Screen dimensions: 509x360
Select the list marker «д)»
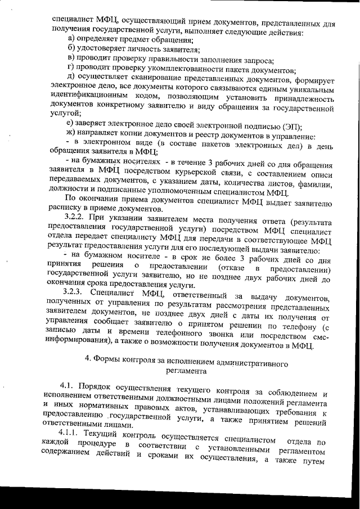pos(70,76)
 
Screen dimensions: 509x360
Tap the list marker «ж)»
pos(70,136)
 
